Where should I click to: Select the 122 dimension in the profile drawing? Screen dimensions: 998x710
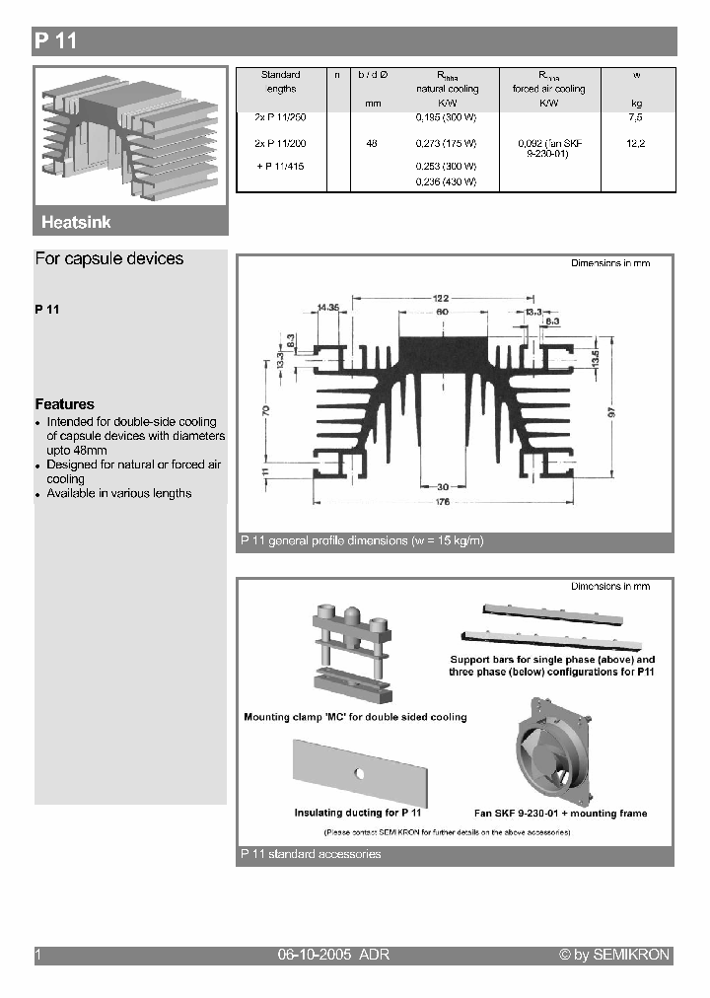coord(440,297)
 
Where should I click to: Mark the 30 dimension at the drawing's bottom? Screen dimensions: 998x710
coord(443,486)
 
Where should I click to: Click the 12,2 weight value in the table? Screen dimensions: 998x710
coord(635,144)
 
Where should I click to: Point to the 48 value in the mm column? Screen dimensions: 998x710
coord(372,144)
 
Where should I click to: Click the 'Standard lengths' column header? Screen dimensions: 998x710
coord(280,81)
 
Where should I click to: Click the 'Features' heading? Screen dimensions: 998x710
coord(65,404)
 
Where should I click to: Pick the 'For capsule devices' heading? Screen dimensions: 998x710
coord(109,259)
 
